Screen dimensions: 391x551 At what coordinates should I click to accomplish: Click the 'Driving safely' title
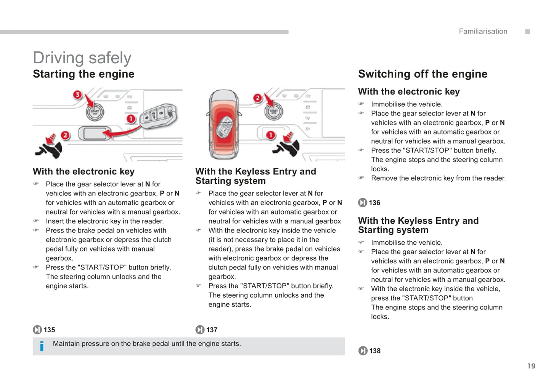[82, 58]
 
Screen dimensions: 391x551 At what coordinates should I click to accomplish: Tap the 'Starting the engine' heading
[84, 74]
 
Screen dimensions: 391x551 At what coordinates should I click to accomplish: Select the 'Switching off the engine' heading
[422, 74]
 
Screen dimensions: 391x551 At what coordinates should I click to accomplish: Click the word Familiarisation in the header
[483, 32]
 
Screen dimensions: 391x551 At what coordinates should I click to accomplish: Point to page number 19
[531, 366]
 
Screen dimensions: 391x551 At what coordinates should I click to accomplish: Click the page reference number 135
[49, 330]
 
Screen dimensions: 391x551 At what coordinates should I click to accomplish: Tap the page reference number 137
[212, 330]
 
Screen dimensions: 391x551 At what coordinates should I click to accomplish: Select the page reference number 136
[374, 203]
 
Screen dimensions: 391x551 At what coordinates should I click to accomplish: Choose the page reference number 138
[375, 351]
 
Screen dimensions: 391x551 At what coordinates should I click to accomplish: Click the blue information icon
[42, 346]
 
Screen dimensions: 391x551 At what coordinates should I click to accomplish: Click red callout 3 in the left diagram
[77, 95]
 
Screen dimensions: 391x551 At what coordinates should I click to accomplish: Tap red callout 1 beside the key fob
[131, 119]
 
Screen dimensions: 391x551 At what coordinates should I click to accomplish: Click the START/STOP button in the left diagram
[95, 112]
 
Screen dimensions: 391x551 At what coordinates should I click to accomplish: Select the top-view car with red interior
[224, 124]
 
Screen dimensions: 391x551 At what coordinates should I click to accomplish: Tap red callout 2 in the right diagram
[258, 98]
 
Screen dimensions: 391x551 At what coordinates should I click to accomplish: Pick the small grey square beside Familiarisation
[527, 32]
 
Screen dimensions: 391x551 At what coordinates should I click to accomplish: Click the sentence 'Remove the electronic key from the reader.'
[438, 178]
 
